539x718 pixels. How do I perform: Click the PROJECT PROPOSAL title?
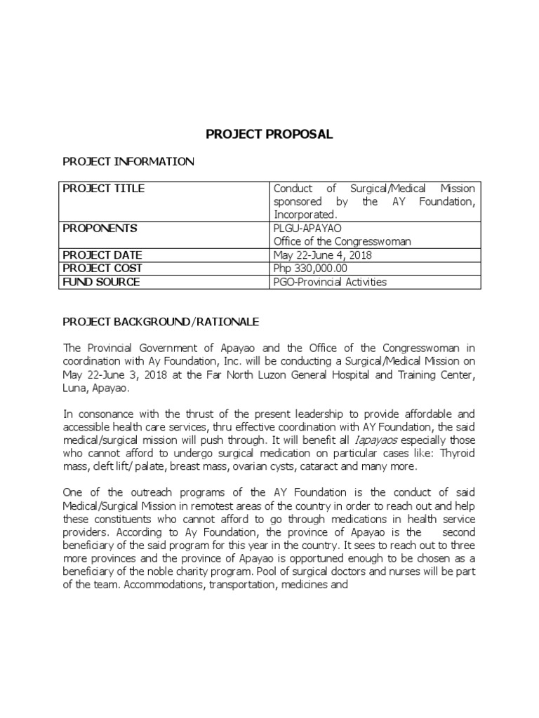(x=269, y=134)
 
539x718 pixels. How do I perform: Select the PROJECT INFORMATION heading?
(x=128, y=162)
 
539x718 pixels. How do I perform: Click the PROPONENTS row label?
(x=100, y=229)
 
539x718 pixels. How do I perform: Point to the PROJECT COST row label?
(x=102, y=269)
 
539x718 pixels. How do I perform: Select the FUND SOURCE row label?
(x=102, y=282)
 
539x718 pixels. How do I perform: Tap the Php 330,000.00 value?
(x=310, y=269)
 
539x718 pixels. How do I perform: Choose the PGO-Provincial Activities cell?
(x=330, y=282)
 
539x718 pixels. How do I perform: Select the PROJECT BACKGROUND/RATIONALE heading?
(x=161, y=322)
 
